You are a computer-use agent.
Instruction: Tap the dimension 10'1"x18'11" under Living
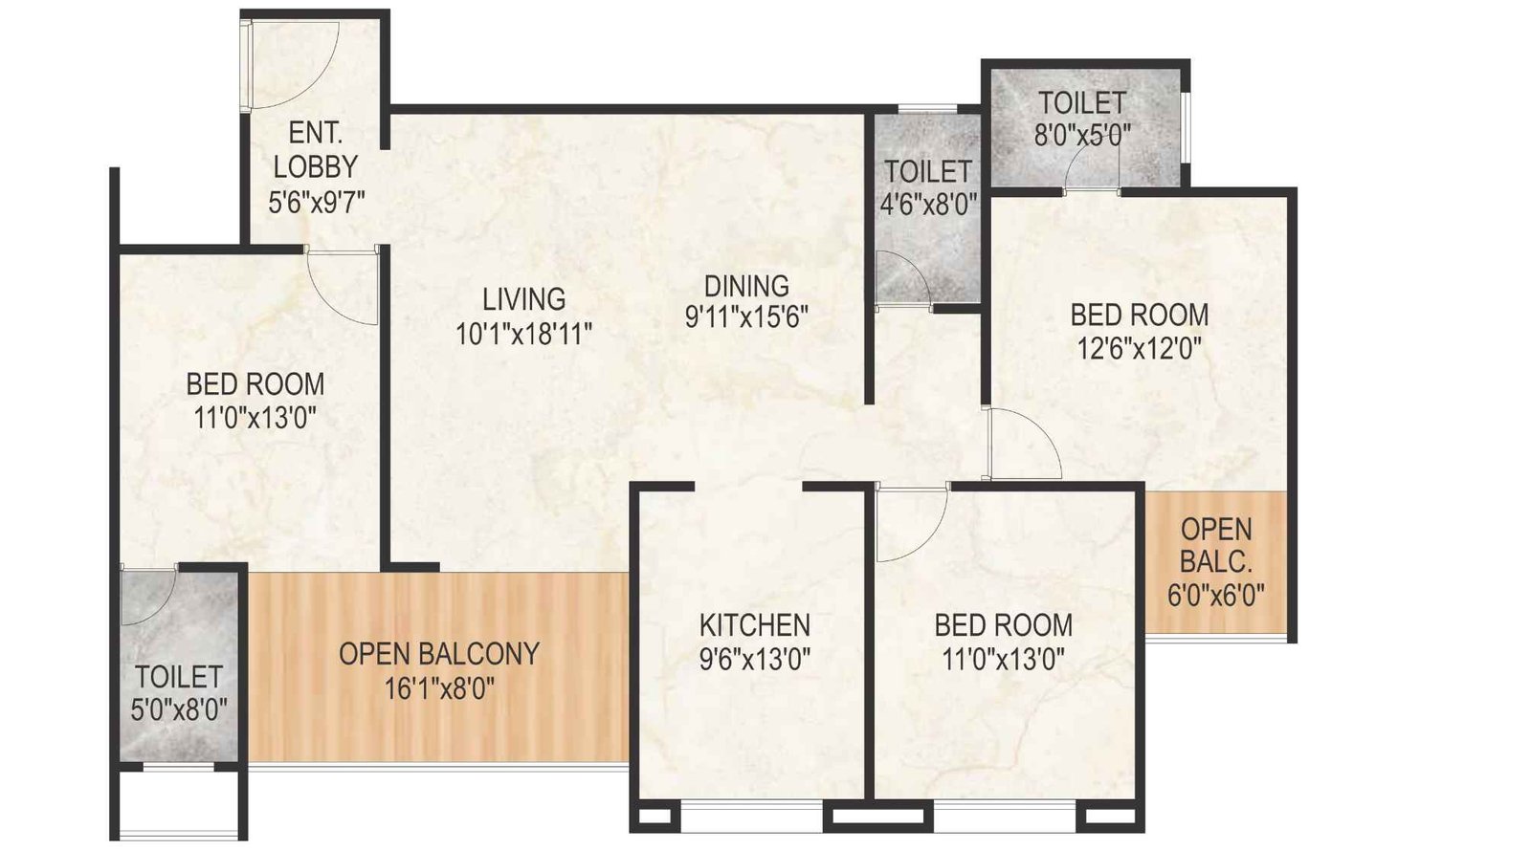(x=523, y=334)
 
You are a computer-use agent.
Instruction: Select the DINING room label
(x=746, y=285)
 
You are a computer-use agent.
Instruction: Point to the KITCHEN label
(x=755, y=625)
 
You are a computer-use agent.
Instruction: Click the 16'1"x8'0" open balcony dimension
(x=440, y=688)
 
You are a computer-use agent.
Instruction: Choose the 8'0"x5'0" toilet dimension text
(x=1082, y=135)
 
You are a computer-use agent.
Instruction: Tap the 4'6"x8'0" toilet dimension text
(x=928, y=205)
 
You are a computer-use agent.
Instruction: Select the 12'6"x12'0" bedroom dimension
(x=1139, y=347)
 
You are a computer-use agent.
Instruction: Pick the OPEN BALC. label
(x=1215, y=544)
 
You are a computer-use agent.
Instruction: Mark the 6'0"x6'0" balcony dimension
(x=1215, y=595)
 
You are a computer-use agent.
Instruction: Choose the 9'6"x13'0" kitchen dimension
(x=755, y=659)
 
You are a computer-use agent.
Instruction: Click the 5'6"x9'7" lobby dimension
(x=317, y=203)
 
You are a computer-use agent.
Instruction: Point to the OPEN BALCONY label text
(x=439, y=654)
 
